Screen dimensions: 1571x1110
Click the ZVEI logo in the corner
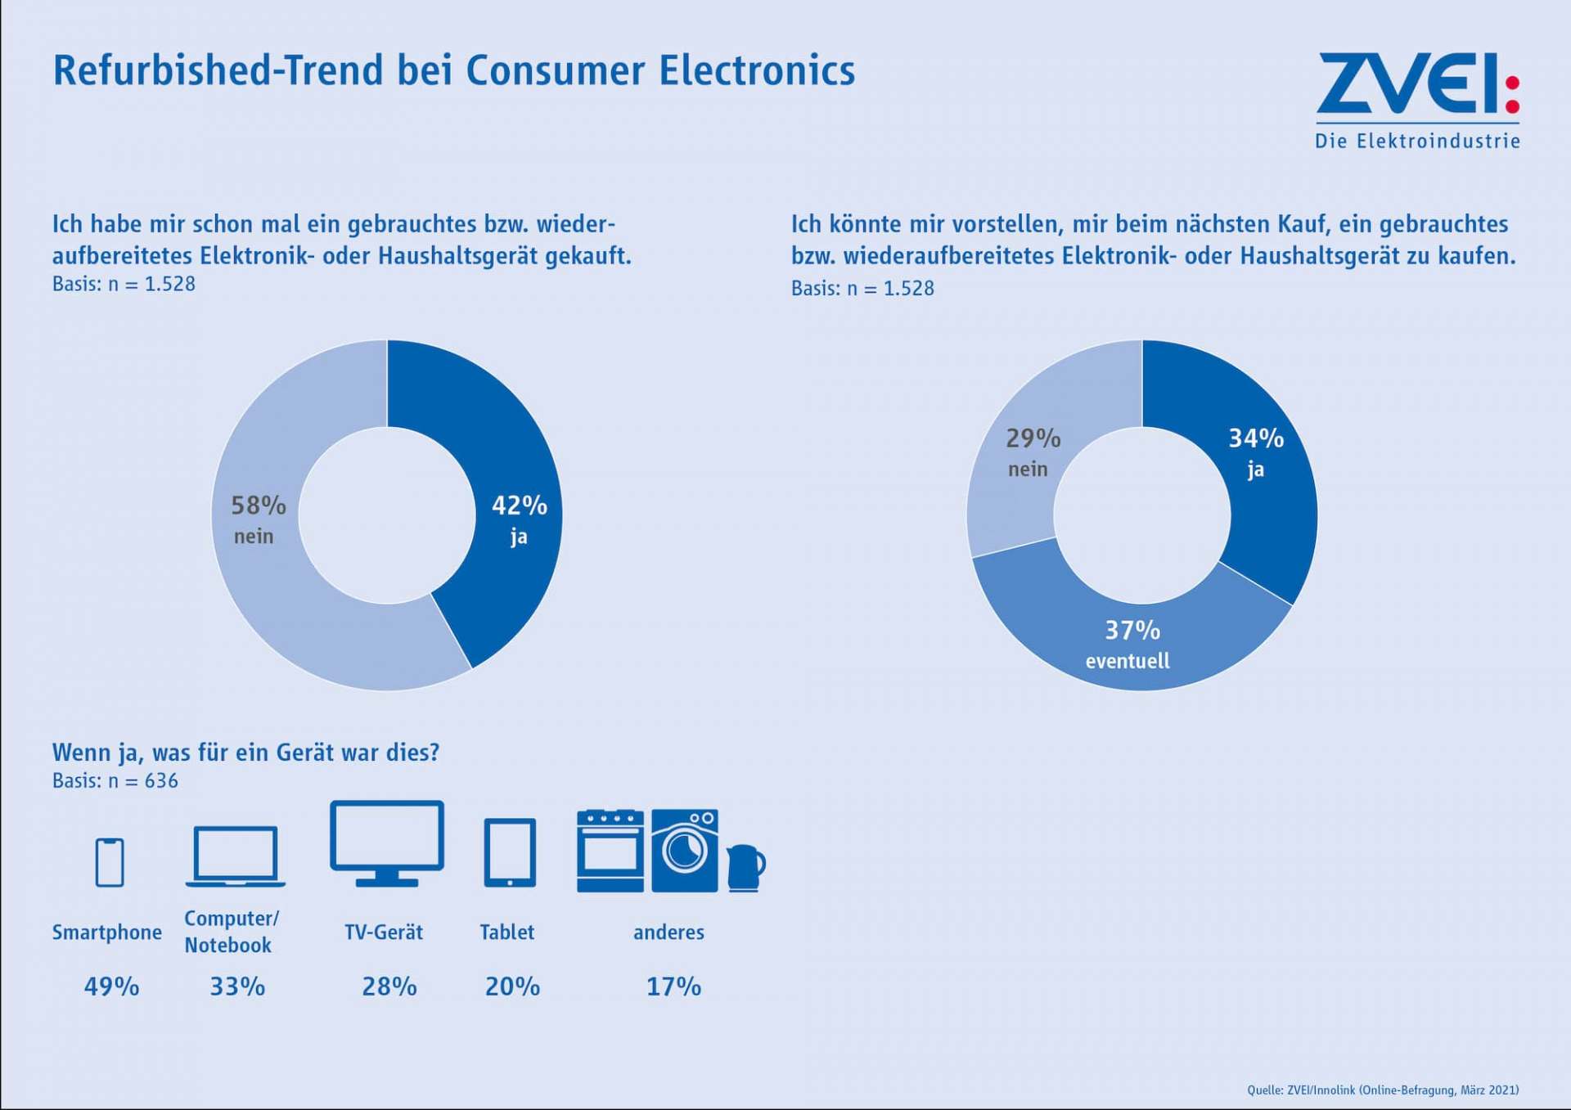(1418, 101)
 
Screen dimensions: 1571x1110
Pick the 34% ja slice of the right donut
(1260, 466)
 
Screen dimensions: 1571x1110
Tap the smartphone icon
(110, 862)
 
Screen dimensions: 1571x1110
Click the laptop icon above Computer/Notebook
(236, 856)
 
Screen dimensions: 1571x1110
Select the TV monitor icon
(387, 843)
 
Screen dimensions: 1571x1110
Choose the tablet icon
(510, 852)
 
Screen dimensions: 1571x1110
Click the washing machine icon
(685, 851)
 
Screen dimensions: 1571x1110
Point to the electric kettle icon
(745, 868)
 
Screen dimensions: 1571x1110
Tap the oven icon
(610, 851)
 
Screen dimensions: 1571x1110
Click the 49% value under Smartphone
(112, 986)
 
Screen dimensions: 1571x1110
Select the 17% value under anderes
(673, 986)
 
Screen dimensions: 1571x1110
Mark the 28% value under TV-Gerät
(389, 986)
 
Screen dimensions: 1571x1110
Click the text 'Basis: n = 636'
(115, 780)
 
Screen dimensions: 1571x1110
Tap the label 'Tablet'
(507, 932)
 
